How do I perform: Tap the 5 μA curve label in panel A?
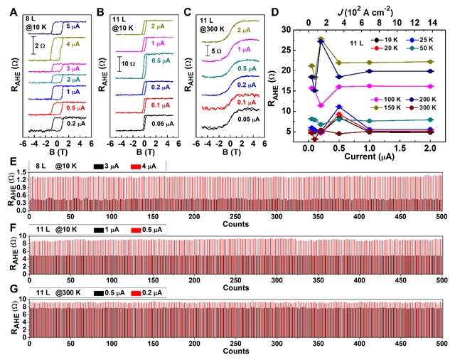75,25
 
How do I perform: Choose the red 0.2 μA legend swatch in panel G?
151,292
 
